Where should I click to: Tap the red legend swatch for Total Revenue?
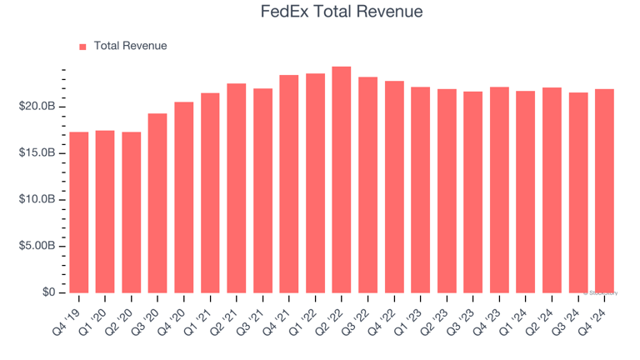(x=82, y=47)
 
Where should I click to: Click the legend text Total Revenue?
(x=130, y=46)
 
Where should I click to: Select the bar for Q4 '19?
(x=78, y=212)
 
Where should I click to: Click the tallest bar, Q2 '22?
(x=341, y=179)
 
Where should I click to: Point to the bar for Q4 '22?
(x=394, y=187)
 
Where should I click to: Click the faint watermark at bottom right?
(x=602, y=292)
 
